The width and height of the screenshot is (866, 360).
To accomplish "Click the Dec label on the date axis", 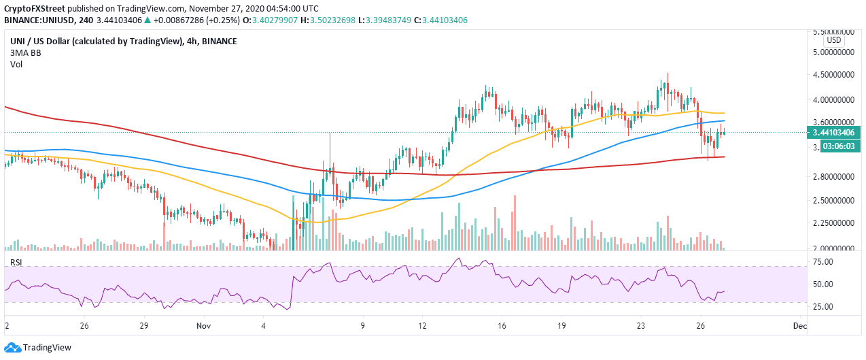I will (x=800, y=325).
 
